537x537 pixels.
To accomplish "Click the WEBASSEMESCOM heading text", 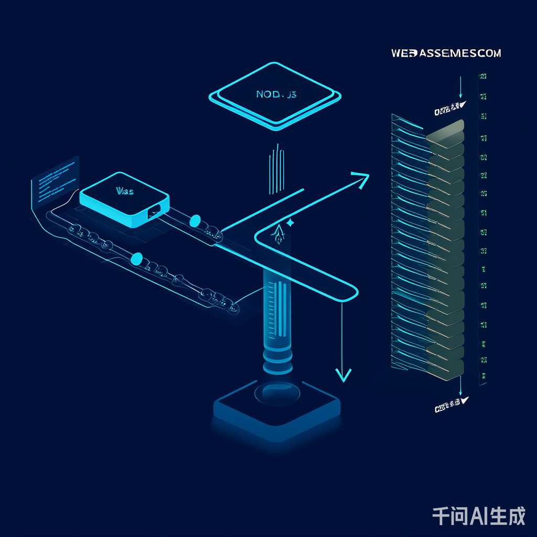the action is click(x=446, y=53).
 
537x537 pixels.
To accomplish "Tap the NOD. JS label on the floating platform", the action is click(x=276, y=94).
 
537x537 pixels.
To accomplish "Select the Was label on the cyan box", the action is click(x=124, y=192).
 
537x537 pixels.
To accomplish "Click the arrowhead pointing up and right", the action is click(x=361, y=178).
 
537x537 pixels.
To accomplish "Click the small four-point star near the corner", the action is click(x=291, y=222).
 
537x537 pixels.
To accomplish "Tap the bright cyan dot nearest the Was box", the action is click(x=195, y=220).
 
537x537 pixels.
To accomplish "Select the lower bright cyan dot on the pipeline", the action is click(x=136, y=259).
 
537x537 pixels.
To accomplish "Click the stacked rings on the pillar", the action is click(x=277, y=362).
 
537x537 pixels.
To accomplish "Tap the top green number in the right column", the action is click(x=483, y=77).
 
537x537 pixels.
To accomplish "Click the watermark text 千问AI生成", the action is click(x=478, y=517).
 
